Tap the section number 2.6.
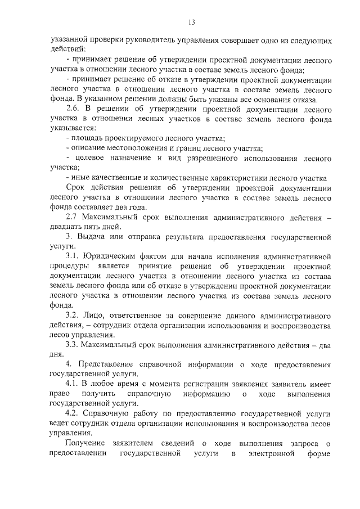coord(73,109)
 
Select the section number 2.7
coord(73,217)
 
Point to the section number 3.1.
coord(73,256)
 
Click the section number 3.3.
coord(73,344)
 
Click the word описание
coord(90,148)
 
